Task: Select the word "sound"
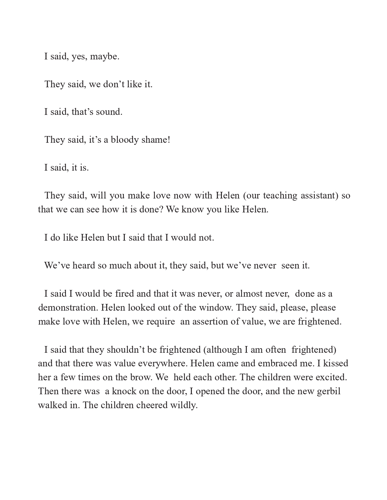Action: click(109, 112)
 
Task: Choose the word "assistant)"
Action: click(319, 196)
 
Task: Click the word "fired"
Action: click(124, 294)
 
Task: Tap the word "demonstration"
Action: click(68, 308)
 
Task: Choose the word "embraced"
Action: click(261, 363)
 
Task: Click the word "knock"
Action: click(124, 391)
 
